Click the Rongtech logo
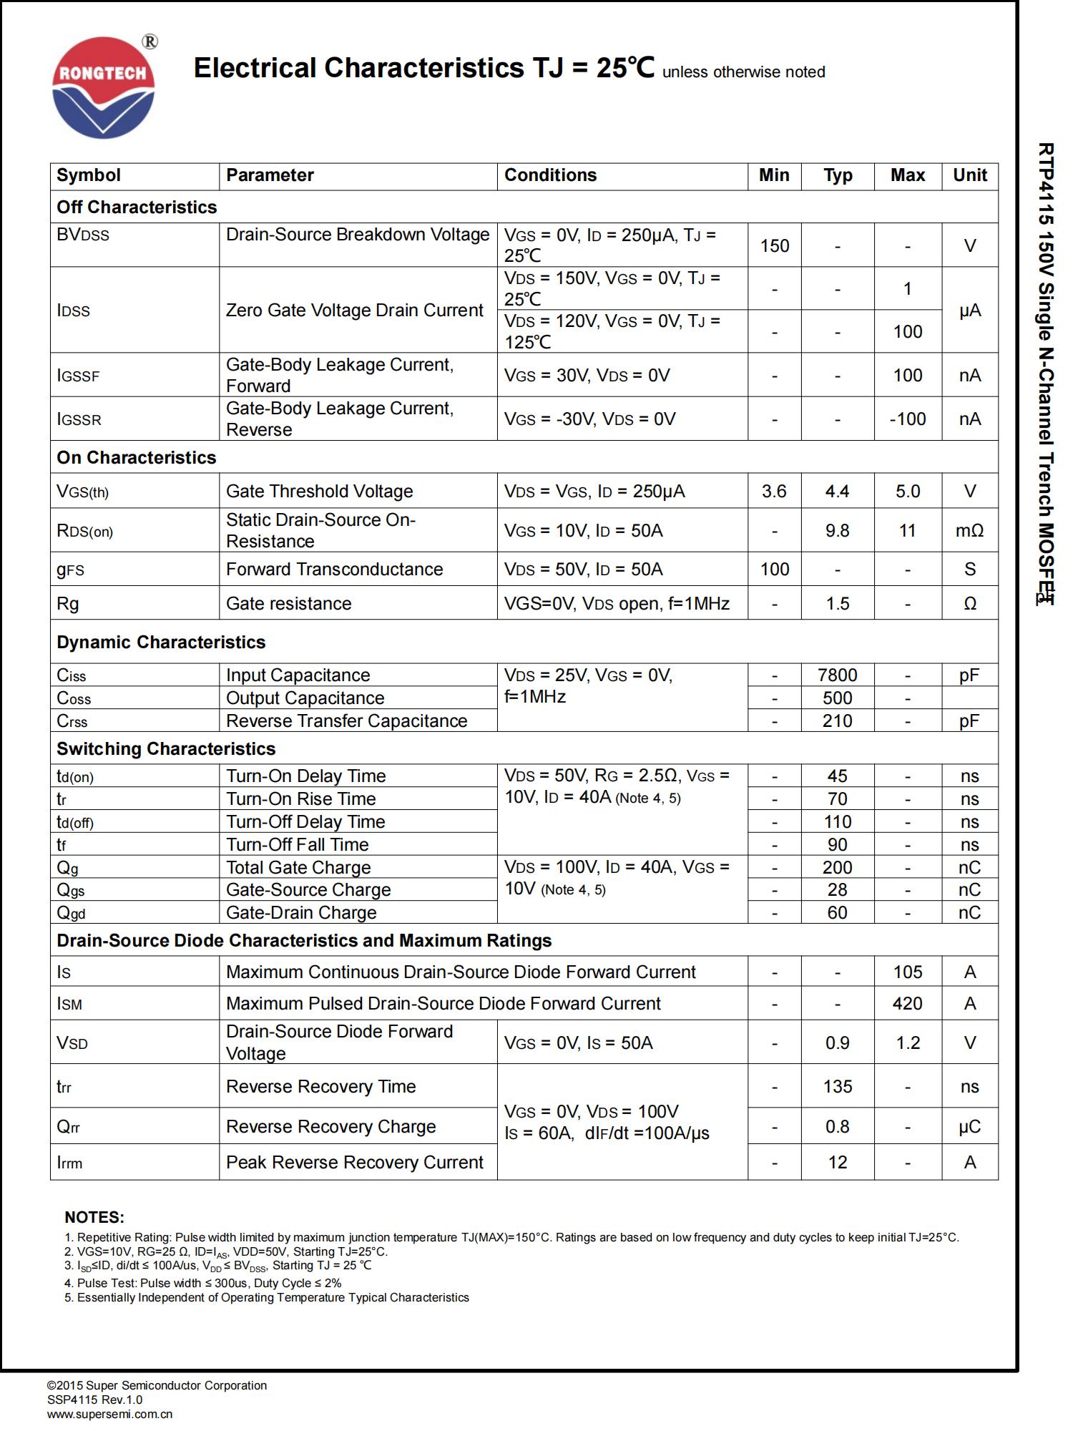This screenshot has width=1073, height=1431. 104,87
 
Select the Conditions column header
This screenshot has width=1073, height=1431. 550,175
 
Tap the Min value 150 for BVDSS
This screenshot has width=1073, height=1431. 774,245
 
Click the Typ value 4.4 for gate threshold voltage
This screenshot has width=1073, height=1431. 837,492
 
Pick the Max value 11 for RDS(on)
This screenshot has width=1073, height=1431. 907,531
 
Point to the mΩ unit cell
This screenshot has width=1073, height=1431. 969,531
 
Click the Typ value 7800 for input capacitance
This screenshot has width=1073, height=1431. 837,675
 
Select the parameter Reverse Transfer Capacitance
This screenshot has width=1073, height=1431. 346,721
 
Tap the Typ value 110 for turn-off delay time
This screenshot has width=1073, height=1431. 837,822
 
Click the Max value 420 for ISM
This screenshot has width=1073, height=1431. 907,1004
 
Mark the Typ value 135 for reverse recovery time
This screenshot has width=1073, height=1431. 837,1087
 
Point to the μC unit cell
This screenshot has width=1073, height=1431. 969,1127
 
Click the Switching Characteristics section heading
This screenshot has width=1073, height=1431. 166,749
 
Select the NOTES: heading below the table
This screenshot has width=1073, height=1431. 94,1217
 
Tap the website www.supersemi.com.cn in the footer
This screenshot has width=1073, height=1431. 110,1414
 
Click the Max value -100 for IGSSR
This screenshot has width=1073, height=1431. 907,419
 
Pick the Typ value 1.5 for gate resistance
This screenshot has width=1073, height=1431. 837,604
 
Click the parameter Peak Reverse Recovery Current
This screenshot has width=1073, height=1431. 355,1163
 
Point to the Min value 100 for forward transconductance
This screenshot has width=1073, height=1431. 774,570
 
